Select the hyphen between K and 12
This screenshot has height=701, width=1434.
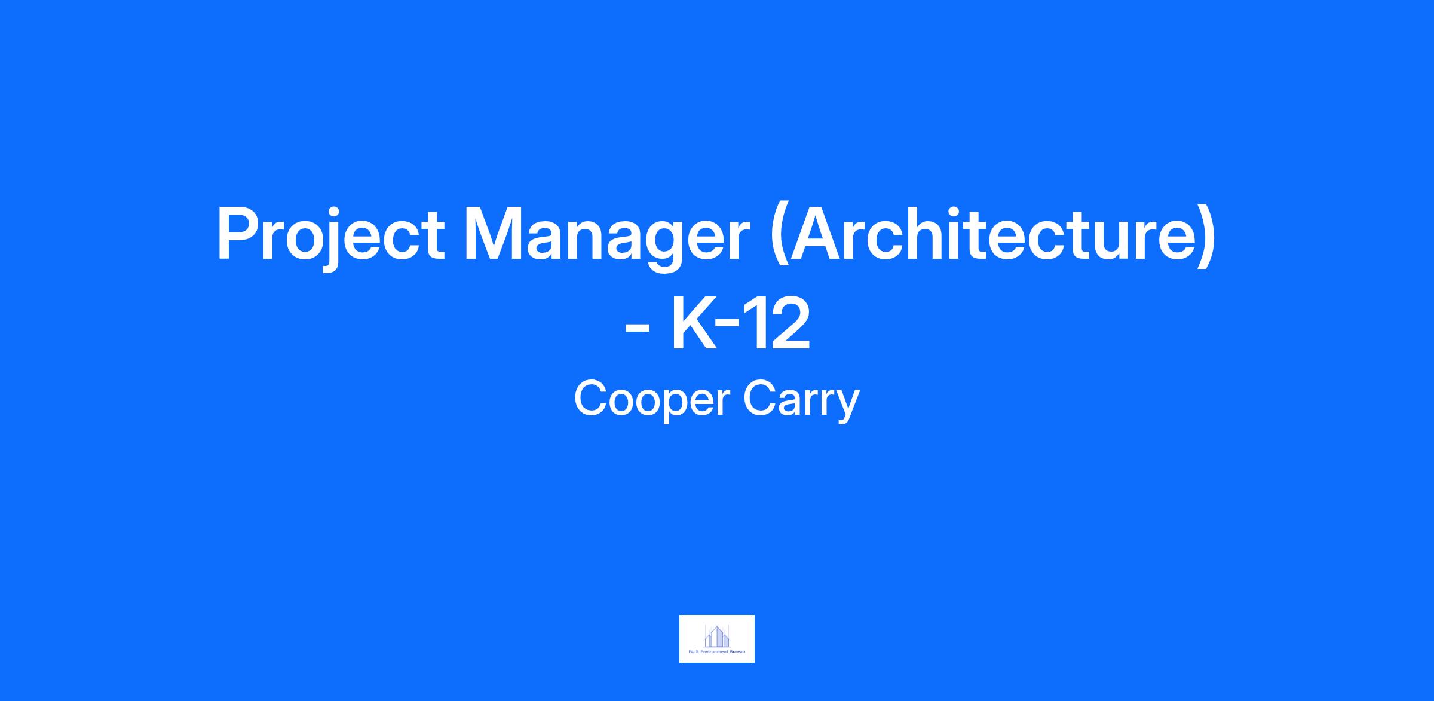tap(728, 329)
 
